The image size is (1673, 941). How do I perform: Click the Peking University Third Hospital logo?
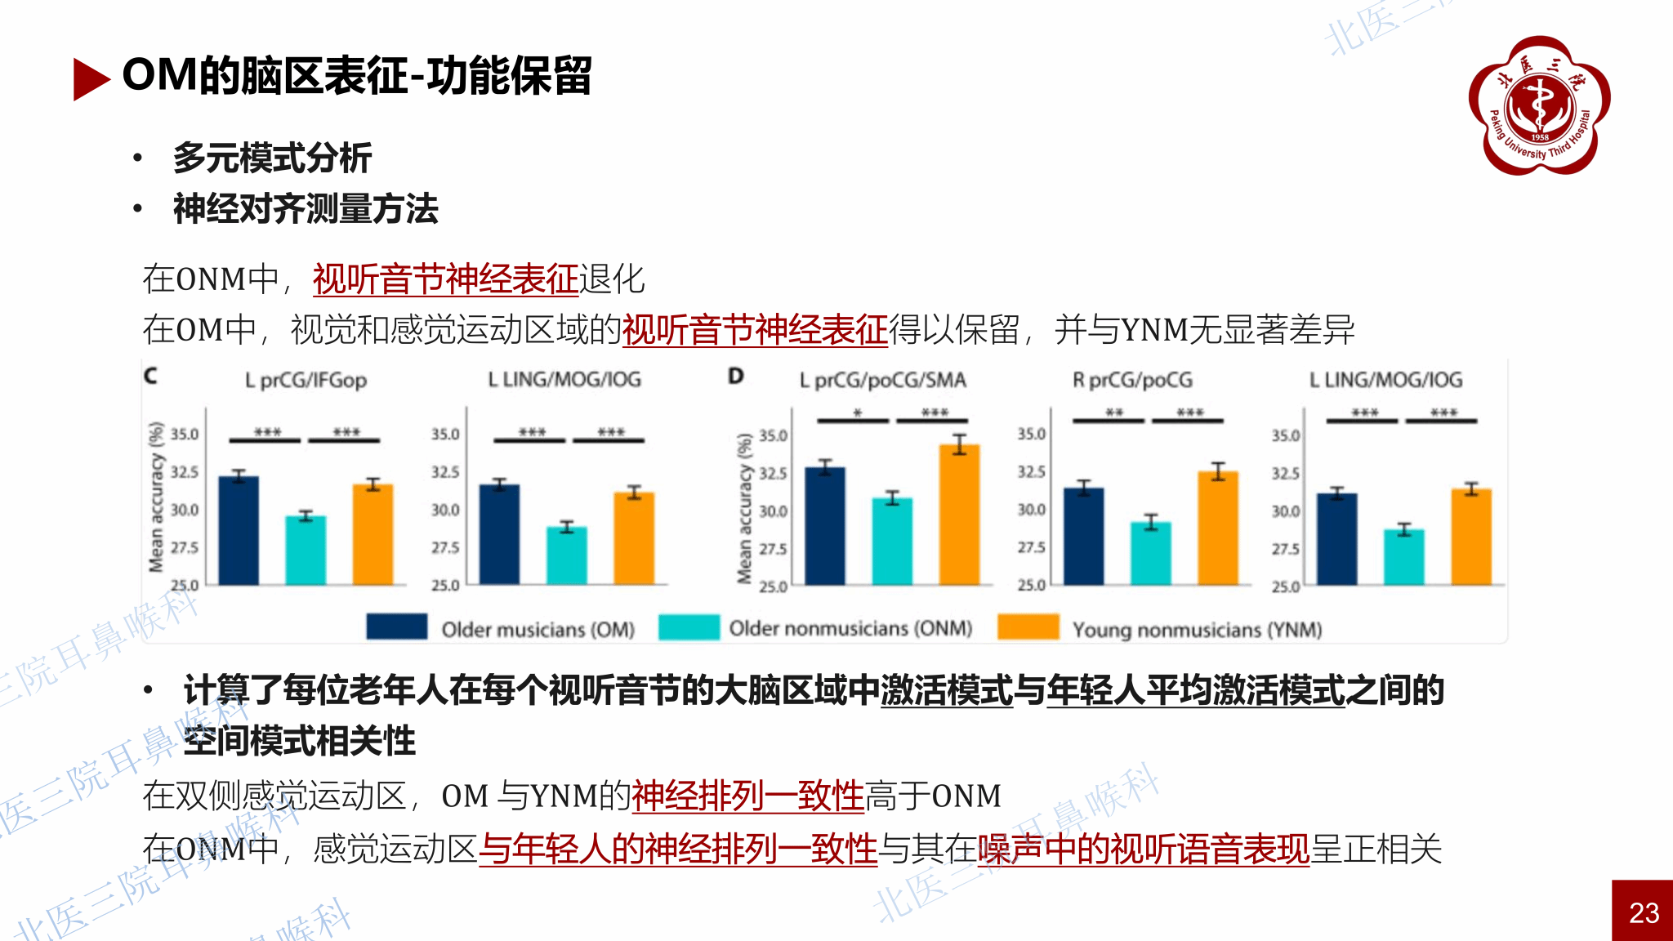tap(1539, 105)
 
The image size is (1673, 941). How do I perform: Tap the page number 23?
tap(1643, 912)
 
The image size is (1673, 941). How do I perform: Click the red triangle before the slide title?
tap(90, 78)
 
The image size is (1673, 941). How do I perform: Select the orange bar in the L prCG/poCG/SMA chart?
tap(959, 515)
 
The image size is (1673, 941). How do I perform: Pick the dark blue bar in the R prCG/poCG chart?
tap(1083, 536)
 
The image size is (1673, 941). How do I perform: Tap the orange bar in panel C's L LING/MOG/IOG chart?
tap(634, 538)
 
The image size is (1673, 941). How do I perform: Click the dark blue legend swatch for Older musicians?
tap(396, 627)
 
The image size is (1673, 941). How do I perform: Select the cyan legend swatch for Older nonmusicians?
tap(689, 627)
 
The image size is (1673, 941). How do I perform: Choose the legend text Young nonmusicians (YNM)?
tap(1197, 630)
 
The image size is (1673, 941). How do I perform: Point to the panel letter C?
tap(150, 376)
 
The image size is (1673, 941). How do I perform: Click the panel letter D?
tap(736, 376)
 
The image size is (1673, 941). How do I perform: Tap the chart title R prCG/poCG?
tap(1132, 380)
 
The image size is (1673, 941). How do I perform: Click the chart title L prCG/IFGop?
tap(306, 380)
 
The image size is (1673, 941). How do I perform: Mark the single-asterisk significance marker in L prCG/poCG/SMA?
tap(857, 413)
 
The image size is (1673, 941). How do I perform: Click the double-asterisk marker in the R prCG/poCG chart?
tap(1114, 413)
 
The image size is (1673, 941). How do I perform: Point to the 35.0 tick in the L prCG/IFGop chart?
tap(184, 434)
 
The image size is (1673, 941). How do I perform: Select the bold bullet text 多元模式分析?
tap(272, 158)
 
